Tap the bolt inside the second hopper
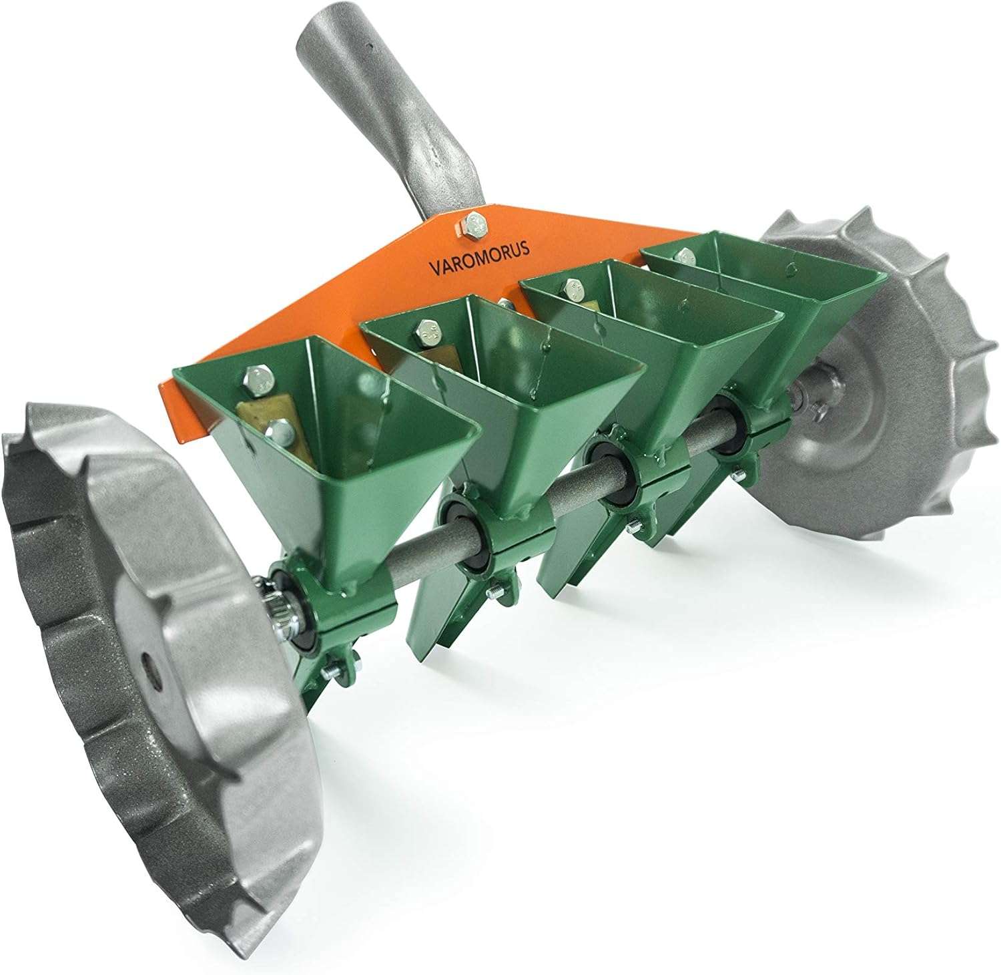(x=426, y=329)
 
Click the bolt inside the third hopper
(x=573, y=289)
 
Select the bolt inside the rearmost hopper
(x=682, y=254)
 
